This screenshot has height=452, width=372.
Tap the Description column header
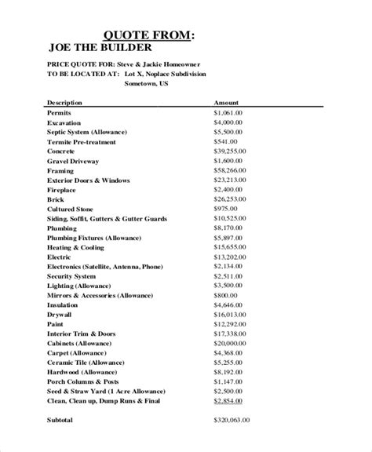[65, 103]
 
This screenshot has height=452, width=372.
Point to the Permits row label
[60, 113]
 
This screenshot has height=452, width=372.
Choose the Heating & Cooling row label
[77, 246]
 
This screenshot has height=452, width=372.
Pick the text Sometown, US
[147, 83]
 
